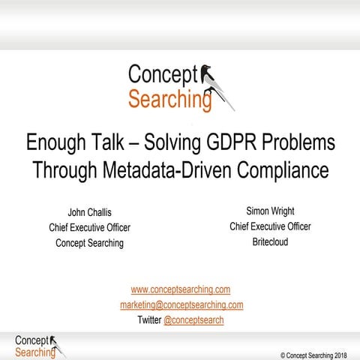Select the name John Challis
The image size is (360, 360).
tap(89, 212)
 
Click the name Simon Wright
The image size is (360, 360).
tap(270, 211)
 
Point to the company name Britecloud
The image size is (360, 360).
tap(270, 241)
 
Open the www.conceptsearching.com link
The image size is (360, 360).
tap(180, 289)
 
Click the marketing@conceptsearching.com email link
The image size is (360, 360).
tap(181, 304)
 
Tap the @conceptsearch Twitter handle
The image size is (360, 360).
tap(193, 320)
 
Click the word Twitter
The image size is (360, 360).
tap(148, 320)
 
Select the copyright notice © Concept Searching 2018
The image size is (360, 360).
tap(314, 353)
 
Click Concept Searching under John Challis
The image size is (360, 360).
tap(89, 243)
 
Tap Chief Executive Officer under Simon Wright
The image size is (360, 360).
tap(270, 226)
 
